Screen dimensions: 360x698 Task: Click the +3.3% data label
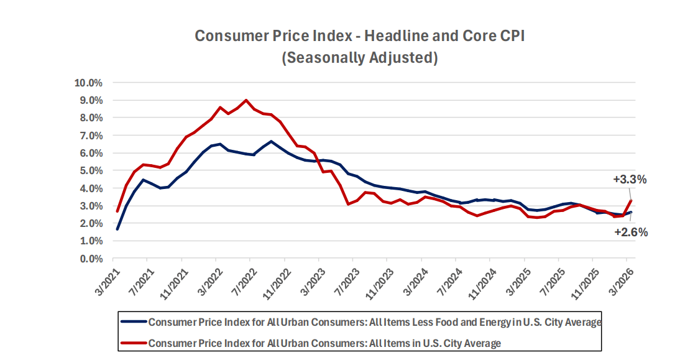point(630,180)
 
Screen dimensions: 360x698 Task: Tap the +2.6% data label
point(631,233)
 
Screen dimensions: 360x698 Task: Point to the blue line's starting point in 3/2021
point(117,229)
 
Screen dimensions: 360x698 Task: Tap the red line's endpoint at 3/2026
point(631,200)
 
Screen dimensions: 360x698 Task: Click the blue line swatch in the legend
point(133,322)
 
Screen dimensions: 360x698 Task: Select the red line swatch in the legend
point(133,343)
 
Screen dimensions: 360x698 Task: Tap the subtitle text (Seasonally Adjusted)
point(360,58)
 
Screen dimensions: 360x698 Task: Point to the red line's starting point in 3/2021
point(117,211)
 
